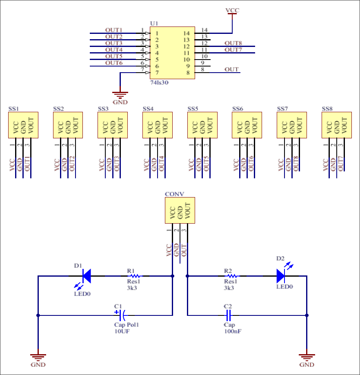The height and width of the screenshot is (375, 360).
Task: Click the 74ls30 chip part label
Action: [x=160, y=82]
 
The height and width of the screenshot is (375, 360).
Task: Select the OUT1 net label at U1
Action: [x=114, y=30]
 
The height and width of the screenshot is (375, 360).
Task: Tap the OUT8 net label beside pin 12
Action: [x=233, y=43]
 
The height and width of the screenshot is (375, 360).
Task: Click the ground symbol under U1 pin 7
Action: [x=120, y=95]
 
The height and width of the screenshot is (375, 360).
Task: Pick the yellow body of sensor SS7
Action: [x=292, y=125]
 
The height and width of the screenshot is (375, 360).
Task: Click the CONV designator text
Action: [x=174, y=194]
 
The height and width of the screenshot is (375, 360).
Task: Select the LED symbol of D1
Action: [x=86, y=276]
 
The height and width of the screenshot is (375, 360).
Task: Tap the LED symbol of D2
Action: [x=280, y=276]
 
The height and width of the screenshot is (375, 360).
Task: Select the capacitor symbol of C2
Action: [x=229, y=315]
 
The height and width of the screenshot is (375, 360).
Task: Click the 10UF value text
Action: [x=122, y=331]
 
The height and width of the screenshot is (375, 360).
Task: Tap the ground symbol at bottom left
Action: [x=38, y=357]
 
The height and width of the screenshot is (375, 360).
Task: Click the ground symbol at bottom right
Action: [x=307, y=357]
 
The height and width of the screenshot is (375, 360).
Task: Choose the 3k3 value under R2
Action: [x=229, y=288]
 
